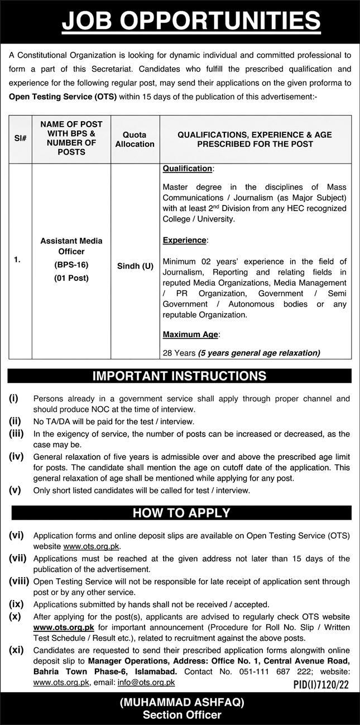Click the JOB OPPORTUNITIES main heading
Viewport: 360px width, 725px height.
(191, 21)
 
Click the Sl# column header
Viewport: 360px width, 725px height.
(20, 136)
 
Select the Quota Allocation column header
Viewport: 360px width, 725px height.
(135, 140)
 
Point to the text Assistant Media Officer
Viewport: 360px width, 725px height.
(71, 246)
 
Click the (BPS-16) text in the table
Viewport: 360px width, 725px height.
(71, 265)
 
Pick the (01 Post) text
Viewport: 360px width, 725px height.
(71, 277)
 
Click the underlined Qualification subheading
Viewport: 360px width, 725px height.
(188, 168)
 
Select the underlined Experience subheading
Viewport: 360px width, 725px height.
(185, 240)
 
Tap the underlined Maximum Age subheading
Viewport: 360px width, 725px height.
(191, 334)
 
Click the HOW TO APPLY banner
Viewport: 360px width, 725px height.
(180, 512)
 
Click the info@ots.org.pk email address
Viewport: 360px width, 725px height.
(152, 682)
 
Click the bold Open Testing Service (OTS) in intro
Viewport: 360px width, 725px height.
(63, 96)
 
